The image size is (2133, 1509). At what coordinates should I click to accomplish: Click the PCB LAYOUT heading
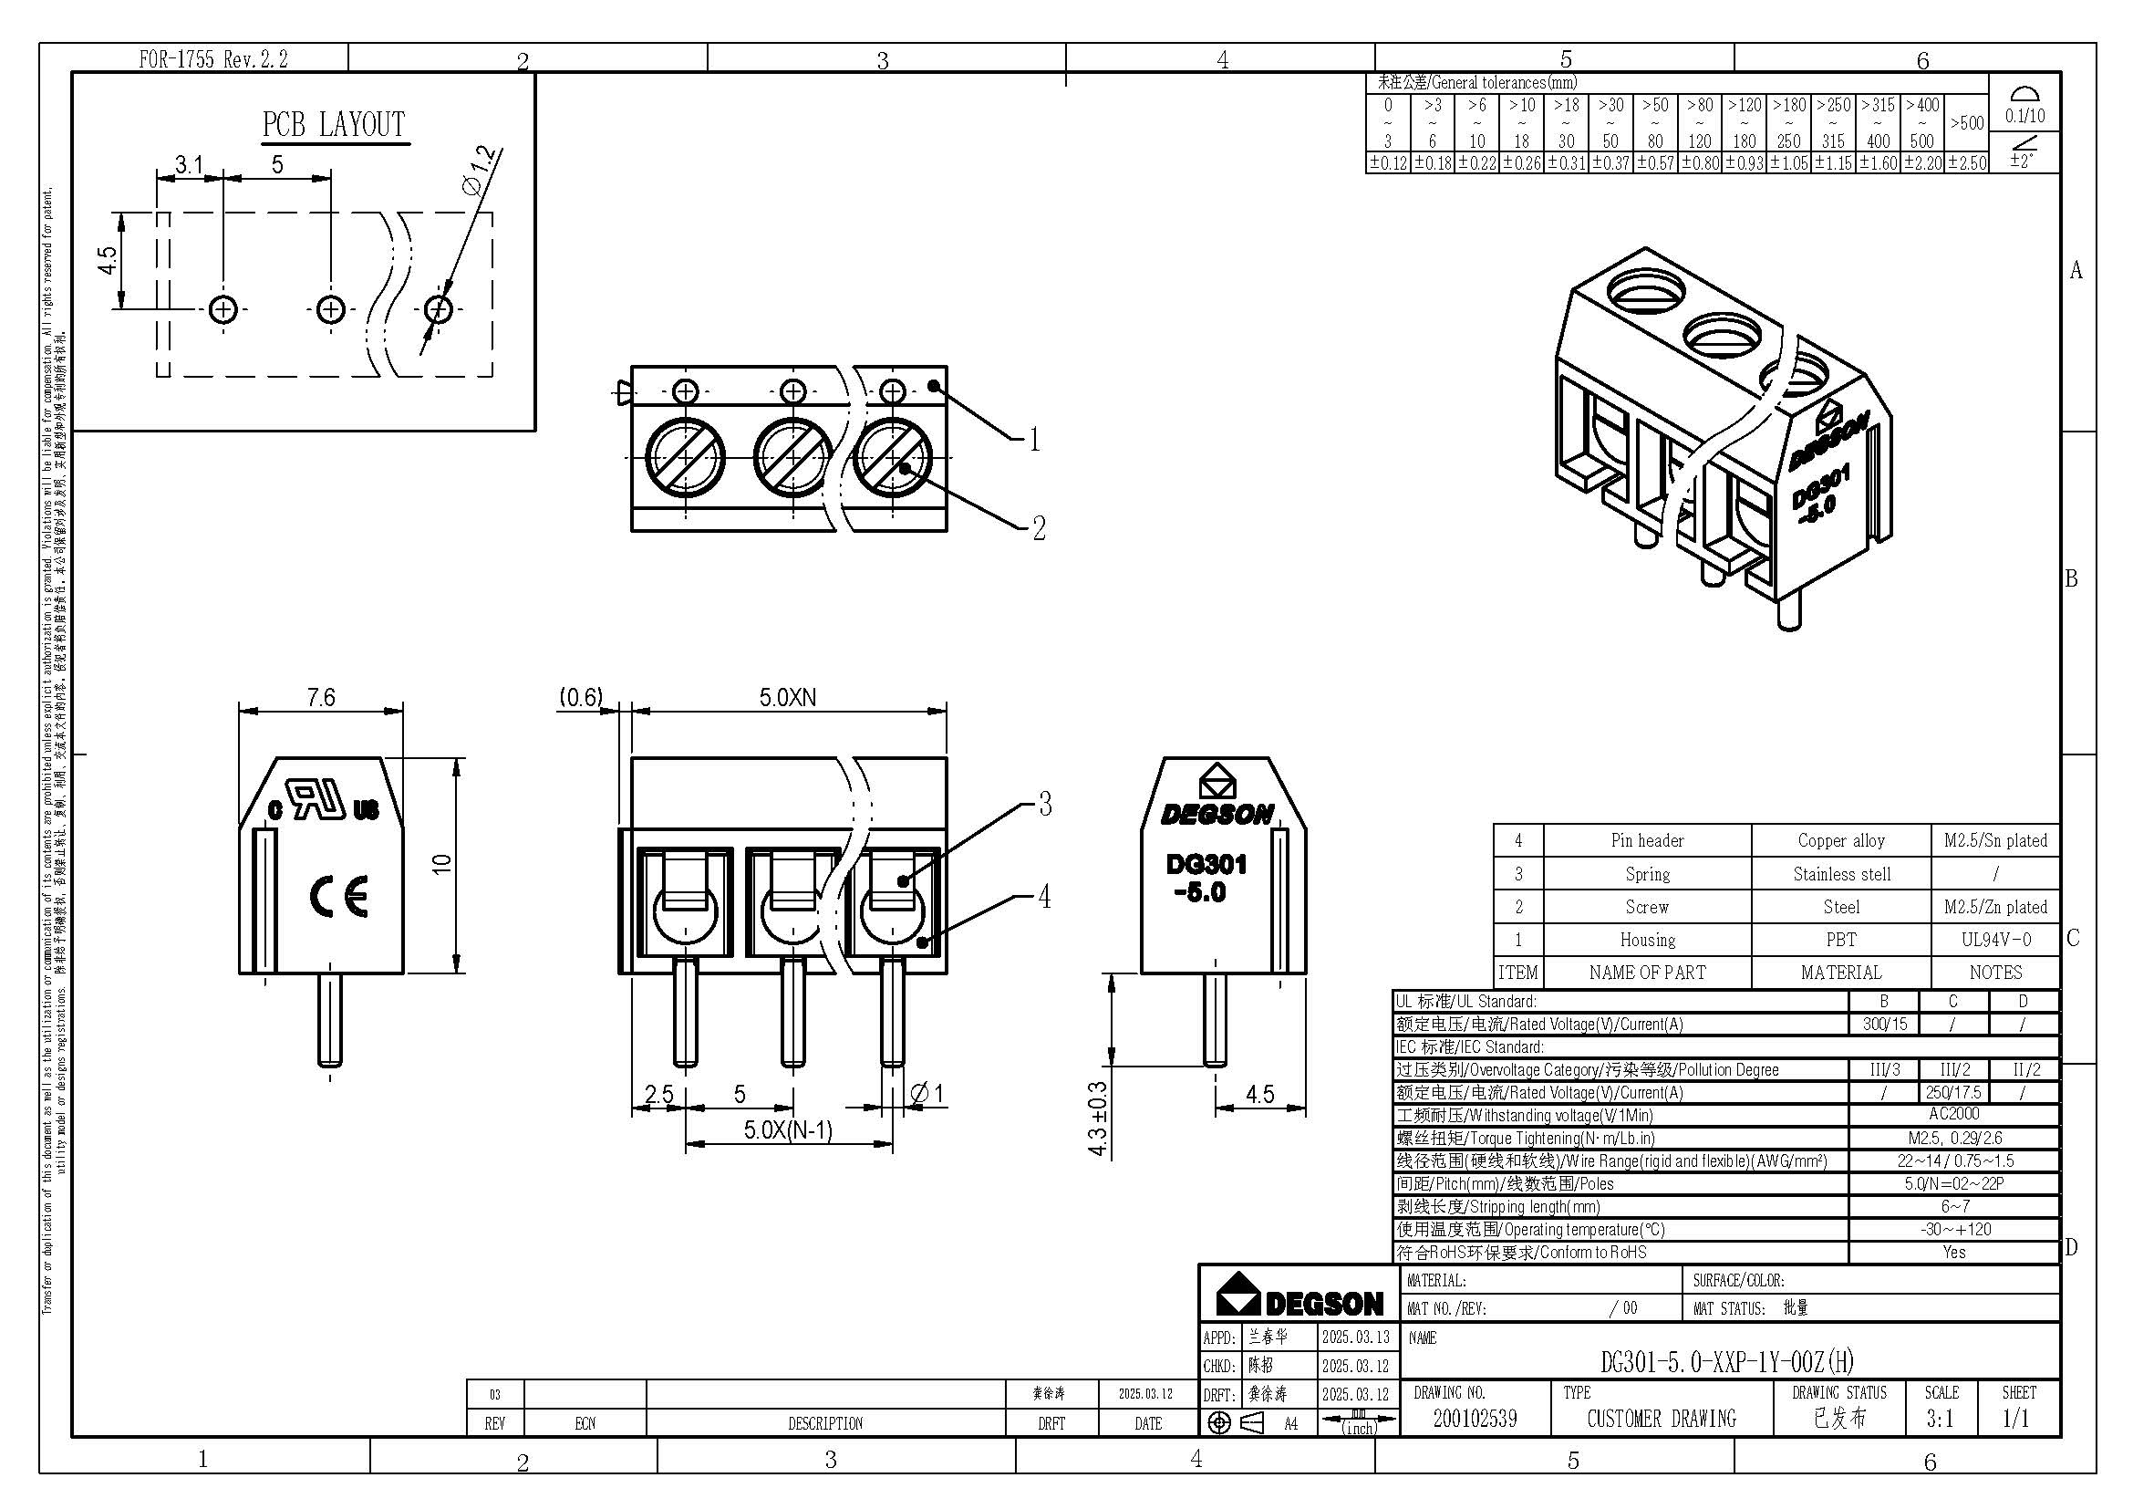(334, 124)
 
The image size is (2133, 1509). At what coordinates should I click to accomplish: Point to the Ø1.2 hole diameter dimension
(480, 171)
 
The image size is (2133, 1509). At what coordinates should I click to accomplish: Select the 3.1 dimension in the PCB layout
(189, 164)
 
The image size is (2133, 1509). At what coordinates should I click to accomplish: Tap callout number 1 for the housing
(1034, 441)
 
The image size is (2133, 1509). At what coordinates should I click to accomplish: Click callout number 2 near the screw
(1039, 527)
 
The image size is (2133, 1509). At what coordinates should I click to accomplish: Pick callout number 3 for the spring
(1045, 804)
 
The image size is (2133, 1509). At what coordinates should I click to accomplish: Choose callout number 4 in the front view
(1044, 897)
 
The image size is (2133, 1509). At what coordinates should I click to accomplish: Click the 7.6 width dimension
(320, 697)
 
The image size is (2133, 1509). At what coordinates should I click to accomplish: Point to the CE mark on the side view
(338, 896)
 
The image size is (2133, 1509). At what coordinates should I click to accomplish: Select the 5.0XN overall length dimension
(788, 697)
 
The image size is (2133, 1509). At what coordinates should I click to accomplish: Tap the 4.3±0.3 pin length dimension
(1097, 1118)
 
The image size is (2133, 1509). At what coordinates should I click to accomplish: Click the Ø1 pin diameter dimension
(926, 1094)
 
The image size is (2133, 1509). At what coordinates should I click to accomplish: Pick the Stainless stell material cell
(1841, 874)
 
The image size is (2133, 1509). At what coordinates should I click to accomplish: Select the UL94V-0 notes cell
(1995, 940)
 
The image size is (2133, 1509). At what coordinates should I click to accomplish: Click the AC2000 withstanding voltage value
(1953, 1114)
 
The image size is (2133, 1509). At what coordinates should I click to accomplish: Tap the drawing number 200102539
(1475, 1418)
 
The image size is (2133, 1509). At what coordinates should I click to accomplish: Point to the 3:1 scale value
(1940, 1419)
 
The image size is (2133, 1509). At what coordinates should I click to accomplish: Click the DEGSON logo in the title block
(1299, 1296)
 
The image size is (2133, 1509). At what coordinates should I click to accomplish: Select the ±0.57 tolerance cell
(1654, 163)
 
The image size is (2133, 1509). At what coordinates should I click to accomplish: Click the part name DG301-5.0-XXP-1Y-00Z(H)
(1726, 1362)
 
